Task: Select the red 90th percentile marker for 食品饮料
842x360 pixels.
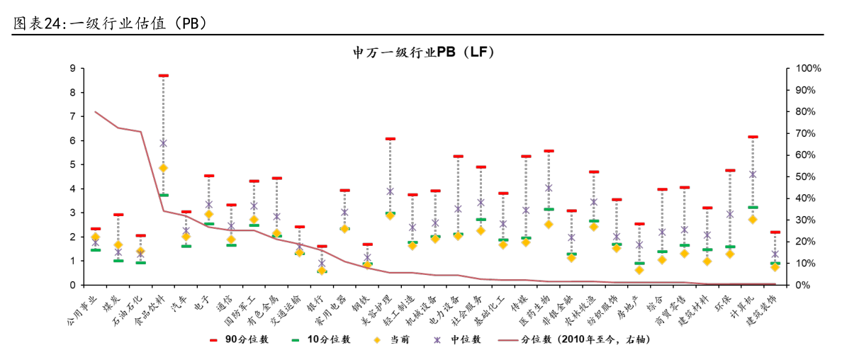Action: [x=163, y=75]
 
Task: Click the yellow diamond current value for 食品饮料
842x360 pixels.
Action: [x=163, y=168]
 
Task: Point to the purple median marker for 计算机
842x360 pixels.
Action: [x=753, y=174]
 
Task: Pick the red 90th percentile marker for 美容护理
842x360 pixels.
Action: [x=390, y=139]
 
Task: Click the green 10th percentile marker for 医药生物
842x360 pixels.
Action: [x=549, y=209]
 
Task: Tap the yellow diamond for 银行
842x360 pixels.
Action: [x=322, y=270]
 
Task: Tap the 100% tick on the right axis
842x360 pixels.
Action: [x=808, y=68]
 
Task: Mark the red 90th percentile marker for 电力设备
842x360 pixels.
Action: [x=458, y=156]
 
